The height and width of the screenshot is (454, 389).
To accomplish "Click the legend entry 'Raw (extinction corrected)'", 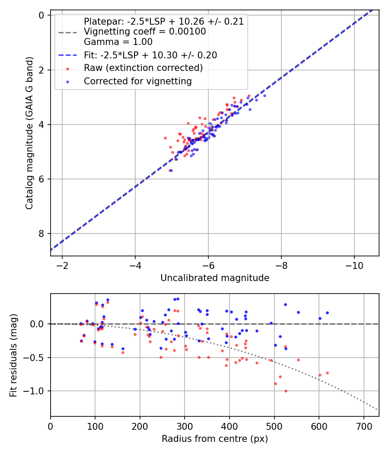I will click(143, 68).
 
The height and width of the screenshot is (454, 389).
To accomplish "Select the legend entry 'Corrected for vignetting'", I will click(137, 81).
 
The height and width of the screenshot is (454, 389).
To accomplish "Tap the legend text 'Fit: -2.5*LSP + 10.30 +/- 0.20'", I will click(150, 55).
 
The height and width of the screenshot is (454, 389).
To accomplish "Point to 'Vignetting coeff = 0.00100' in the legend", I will click(145, 32).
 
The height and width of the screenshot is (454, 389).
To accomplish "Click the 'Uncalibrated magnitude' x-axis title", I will click(215, 278).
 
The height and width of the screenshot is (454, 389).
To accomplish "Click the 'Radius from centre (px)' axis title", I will click(215, 439).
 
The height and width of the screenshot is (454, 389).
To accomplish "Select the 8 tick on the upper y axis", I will click(42, 233).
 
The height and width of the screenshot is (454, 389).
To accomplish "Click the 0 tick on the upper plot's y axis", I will click(42, 15).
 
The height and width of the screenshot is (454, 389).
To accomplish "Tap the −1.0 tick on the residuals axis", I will click(37, 391).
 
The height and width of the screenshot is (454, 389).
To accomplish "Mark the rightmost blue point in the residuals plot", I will click(327, 313).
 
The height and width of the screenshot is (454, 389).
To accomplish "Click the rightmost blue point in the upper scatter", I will click(265, 96).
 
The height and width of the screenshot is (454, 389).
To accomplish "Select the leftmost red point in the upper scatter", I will click(165, 138).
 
